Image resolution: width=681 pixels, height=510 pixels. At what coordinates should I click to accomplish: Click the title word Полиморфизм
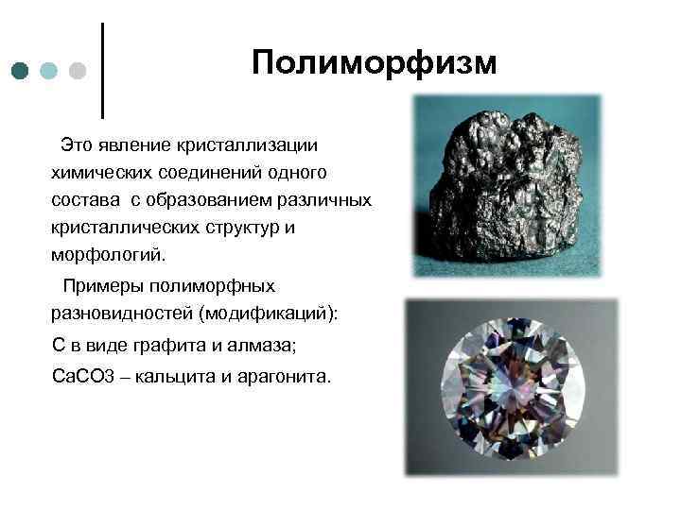click(x=374, y=63)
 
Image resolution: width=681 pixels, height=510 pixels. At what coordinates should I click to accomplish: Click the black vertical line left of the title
click(x=101, y=69)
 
